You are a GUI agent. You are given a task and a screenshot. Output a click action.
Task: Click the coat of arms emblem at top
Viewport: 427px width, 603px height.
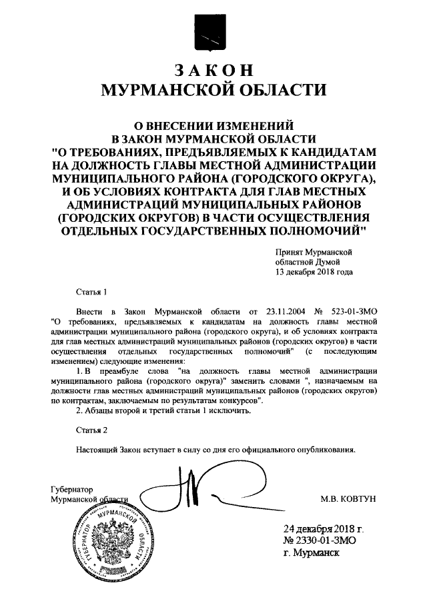[213, 33]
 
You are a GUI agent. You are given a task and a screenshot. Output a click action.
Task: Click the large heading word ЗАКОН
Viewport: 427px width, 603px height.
[213, 71]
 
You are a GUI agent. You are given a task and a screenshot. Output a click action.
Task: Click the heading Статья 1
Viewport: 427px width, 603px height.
[91, 292]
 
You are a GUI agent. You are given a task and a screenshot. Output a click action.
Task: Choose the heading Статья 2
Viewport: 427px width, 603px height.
[91, 431]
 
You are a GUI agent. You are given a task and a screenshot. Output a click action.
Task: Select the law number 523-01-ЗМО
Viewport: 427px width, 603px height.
[353, 311]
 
